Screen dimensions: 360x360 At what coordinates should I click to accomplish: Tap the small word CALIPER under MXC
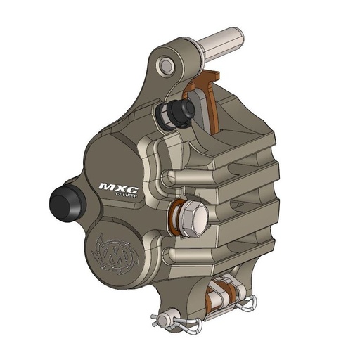124,198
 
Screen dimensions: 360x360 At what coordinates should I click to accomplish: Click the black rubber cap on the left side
65,204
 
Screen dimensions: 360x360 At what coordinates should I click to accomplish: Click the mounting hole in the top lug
167,65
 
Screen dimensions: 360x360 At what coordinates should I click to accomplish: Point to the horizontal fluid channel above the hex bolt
211,176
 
